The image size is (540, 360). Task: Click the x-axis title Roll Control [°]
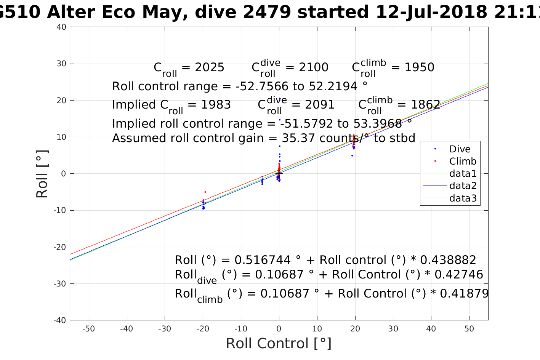(279, 343)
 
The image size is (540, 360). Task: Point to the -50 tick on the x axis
(88, 329)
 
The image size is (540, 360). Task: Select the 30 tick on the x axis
(393, 329)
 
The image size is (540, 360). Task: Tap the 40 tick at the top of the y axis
(62, 27)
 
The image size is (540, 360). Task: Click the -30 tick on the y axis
(60, 284)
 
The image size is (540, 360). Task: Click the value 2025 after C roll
(210, 67)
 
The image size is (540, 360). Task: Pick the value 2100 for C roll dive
(314, 67)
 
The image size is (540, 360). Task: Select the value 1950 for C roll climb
(420, 67)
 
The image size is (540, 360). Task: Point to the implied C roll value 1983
(216, 105)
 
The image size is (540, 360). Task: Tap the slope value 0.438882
(448, 260)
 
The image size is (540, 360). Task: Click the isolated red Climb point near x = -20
(205, 192)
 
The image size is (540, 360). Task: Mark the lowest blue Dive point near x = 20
(352, 155)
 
